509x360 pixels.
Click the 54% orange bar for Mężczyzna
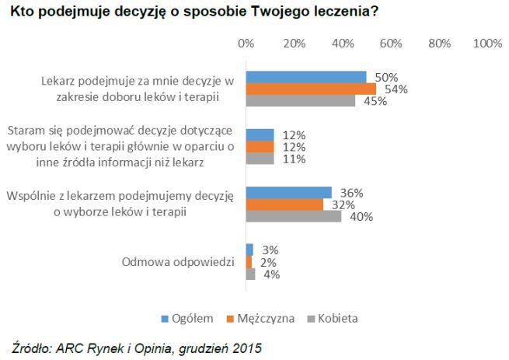[311, 89]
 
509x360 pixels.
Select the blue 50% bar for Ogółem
[306, 77]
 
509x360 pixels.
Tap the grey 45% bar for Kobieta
[300, 100]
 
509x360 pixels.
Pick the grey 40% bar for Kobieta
[294, 216]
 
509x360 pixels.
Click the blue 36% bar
[289, 193]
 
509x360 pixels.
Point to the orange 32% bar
[284, 204]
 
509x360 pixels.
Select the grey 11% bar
[260, 159]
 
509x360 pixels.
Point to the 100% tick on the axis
[487, 44]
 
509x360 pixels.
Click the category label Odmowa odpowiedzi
[178, 262]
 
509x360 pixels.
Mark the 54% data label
[396, 89]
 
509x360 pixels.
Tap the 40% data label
[361, 217]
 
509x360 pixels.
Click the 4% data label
[270, 274]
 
